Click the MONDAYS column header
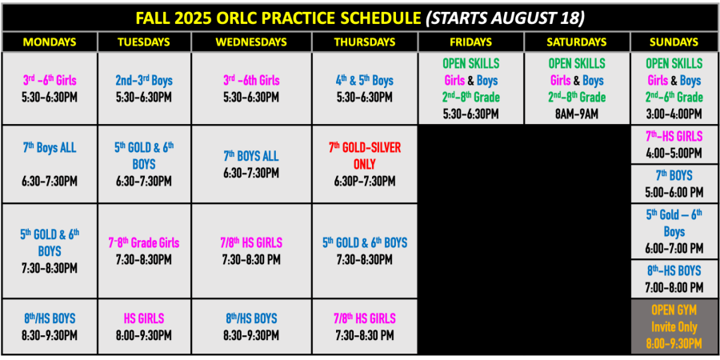point(50,42)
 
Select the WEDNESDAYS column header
point(251,42)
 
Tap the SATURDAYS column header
point(577,42)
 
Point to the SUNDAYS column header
point(674,42)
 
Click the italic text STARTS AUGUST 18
point(505,18)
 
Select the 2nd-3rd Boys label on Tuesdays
point(144,81)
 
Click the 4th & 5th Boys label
point(364,81)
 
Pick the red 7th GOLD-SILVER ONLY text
point(365,156)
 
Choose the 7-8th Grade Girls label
point(144,242)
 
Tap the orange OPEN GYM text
point(674,310)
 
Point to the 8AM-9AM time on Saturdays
point(577,114)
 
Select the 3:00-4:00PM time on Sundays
point(674,114)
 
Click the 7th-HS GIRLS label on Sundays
point(674,136)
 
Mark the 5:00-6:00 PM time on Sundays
point(674,192)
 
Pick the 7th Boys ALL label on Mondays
point(50,148)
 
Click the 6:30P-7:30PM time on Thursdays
point(365,182)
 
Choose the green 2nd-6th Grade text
point(674,98)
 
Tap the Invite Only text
point(674,327)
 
